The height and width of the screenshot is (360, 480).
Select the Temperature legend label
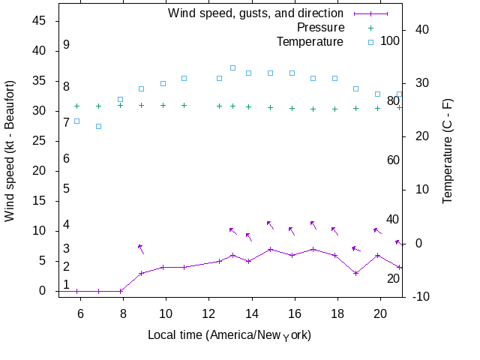[x=310, y=41]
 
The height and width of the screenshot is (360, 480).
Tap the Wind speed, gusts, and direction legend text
[x=255, y=13]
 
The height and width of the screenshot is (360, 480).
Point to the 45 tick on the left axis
[x=40, y=21]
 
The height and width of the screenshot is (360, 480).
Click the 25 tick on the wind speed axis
[x=40, y=141]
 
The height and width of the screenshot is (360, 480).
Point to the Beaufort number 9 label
[x=66, y=45]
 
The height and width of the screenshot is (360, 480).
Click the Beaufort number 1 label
[x=66, y=284]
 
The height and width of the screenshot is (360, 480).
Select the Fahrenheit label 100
[x=390, y=40]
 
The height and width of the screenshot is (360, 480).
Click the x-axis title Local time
[x=229, y=334]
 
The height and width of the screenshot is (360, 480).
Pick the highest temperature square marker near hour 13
[x=233, y=67]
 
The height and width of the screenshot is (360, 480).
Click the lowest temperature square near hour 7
[x=98, y=126]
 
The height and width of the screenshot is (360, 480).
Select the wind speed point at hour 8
[x=120, y=291]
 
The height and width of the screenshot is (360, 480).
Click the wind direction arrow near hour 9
[x=140, y=249]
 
